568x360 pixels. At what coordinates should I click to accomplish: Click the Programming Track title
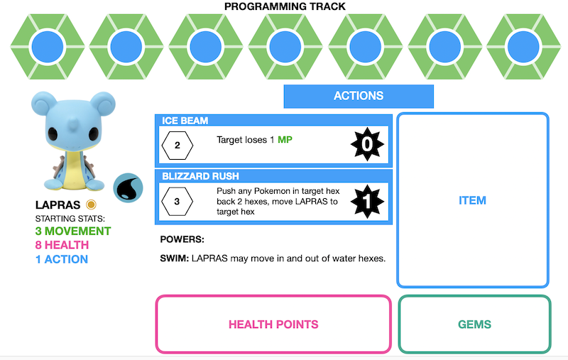pyautogui.click(x=285, y=6)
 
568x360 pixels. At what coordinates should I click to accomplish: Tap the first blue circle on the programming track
pyautogui.click(x=48, y=47)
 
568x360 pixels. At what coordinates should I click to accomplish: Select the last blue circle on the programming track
pyautogui.click(x=523, y=47)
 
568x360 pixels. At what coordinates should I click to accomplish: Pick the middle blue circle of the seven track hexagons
pyautogui.click(x=285, y=47)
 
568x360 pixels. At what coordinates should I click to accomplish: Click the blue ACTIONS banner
pyautogui.click(x=359, y=96)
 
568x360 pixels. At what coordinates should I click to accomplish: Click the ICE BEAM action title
pyautogui.click(x=185, y=121)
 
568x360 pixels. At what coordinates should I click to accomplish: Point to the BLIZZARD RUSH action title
pyautogui.click(x=200, y=176)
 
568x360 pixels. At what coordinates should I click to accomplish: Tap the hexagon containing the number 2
pyautogui.click(x=177, y=146)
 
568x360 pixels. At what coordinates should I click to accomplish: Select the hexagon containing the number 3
pyautogui.click(x=177, y=202)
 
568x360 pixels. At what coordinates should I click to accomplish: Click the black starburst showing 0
pyautogui.click(x=367, y=144)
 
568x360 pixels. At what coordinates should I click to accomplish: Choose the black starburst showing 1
pyautogui.click(x=367, y=202)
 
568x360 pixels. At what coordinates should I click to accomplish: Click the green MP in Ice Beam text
pyautogui.click(x=285, y=140)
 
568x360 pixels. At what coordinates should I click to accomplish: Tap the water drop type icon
pyautogui.click(x=128, y=188)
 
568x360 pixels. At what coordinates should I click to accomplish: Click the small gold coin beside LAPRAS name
pyautogui.click(x=91, y=204)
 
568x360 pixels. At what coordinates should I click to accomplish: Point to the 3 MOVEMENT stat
pyautogui.click(x=73, y=231)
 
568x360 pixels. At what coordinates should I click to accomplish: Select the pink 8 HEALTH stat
pyautogui.click(x=62, y=245)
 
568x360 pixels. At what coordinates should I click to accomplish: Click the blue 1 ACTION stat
pyautogui.click(x=62, y=259)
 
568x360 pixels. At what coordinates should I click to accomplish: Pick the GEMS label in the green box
pyautogui.click(x=474, y=324)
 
